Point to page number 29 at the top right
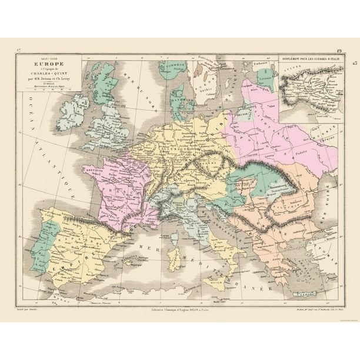[339, 52]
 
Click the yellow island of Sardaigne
[175, 257]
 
